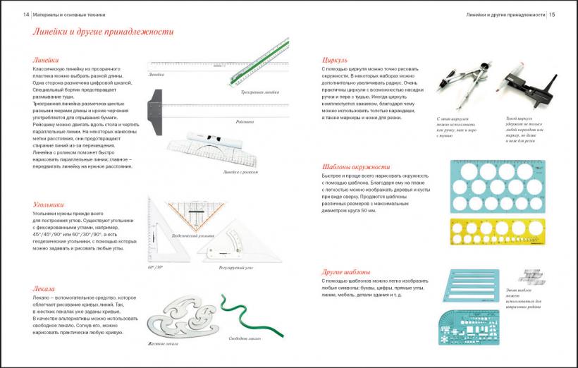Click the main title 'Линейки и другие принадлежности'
tap(98, 32)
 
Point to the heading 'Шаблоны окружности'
tap(355, 167)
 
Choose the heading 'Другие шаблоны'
tap(346, 271)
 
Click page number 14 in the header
tap(26, 14)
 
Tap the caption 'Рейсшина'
tap(245, 122)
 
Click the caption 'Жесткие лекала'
tap(164, 343)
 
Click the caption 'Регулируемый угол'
tap(236, 268)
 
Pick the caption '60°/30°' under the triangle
tap(156, 269)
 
